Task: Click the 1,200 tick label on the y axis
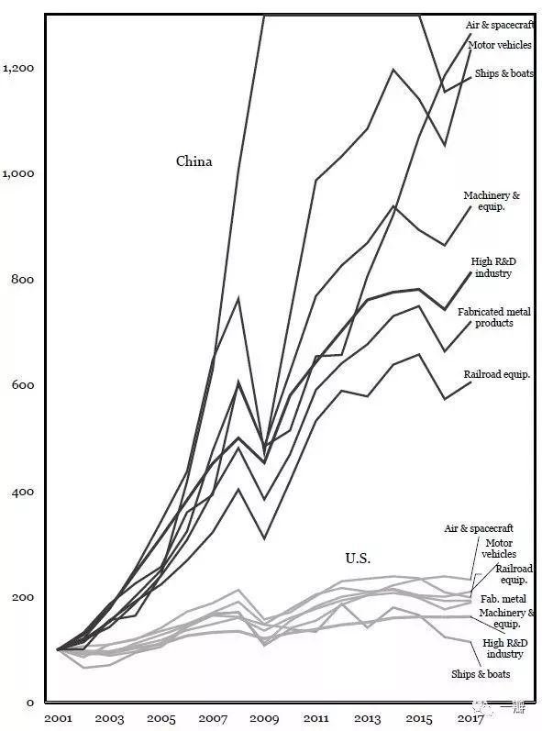tap(18, 68)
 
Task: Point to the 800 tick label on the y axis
tap(23, 279)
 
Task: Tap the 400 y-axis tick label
tap(23, 492)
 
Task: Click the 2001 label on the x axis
tap(59, 718)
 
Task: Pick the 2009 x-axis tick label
tap(264, 718)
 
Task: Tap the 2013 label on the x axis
tap(368, 718)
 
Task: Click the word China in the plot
tap(194, 161)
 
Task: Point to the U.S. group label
tap(358, 558)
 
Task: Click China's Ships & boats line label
tap(503, 73)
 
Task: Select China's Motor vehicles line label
tap(500, 45)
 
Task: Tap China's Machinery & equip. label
tap(492, 201)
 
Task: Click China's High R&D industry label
tap(493, 268)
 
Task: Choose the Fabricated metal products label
tap(494, 317)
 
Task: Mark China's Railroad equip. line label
tap(497, 374)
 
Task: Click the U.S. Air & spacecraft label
tap(479, 528)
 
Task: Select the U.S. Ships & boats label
tap(481, 674)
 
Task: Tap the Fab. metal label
tap(503, 599)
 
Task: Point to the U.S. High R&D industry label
tap(504, 648)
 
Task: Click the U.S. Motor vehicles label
tap(499, 548)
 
